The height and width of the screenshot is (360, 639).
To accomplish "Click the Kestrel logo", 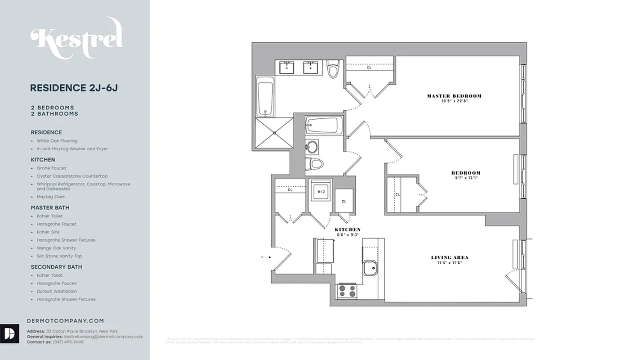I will pos(76,38).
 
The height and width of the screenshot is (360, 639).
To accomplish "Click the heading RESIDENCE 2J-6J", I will pos(74,88).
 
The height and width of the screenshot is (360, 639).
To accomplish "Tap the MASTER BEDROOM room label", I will pos(454,96).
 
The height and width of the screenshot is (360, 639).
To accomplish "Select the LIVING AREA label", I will pos(450,257).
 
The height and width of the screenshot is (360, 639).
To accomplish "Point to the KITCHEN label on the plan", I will pos(348,229).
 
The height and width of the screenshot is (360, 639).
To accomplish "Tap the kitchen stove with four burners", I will pos(347,291).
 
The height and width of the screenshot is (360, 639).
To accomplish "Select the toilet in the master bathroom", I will pos(333,69).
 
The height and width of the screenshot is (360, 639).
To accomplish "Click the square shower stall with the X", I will pos(274,133).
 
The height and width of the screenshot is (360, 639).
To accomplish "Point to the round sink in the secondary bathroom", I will pos(312,147).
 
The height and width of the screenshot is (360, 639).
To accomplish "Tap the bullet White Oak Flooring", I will pos(57,141).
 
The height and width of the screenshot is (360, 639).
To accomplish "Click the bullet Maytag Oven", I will pos(51,197).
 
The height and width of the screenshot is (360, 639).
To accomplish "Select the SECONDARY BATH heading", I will pos(56,267).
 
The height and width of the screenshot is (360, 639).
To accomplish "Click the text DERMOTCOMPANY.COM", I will pos(66,321).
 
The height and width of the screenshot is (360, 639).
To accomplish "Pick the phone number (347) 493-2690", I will pos(68,342).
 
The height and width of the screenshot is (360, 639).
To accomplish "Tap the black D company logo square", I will pos(9,333).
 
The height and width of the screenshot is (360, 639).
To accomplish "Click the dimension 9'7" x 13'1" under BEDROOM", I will pos(466,177).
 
